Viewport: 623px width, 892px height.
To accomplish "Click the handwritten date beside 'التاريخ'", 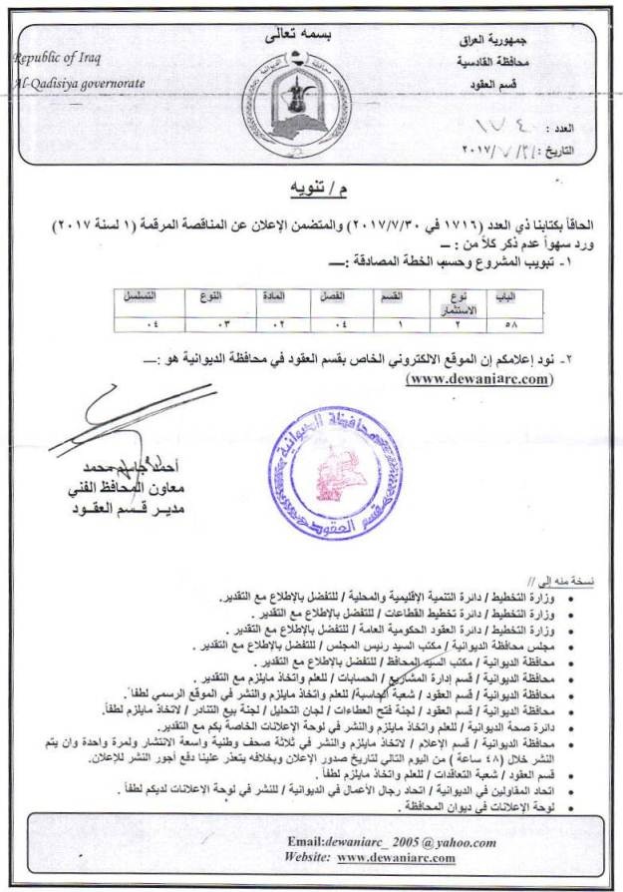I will [498, 152].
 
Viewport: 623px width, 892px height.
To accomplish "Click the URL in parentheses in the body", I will [477, 378].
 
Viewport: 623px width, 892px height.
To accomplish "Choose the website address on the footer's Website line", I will [396, 857].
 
